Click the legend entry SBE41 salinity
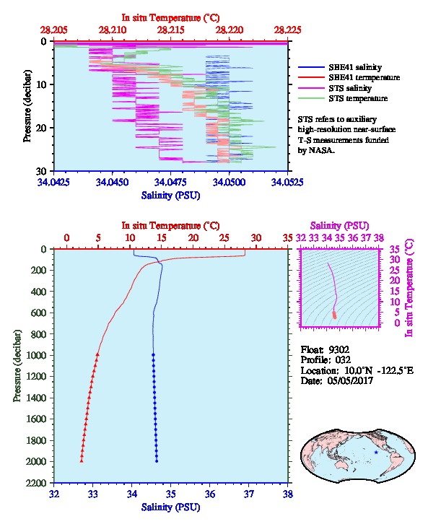pos(355,67)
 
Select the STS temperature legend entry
pos(358,98)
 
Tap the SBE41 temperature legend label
pos(364,77)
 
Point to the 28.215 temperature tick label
pos(171,30)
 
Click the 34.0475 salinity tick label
pos(170,183)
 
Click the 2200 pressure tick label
pos(37,483)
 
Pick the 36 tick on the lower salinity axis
pos(210,494)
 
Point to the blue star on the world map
pos(376,452)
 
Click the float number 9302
pos(339,350)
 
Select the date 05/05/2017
pos(350,380)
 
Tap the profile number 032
pos(343,360)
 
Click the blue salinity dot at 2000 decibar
pos(157,461)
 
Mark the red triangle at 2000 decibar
pos(82,460)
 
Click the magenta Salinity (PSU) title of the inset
pos(339,226)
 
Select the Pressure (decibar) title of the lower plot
pos(17,366)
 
